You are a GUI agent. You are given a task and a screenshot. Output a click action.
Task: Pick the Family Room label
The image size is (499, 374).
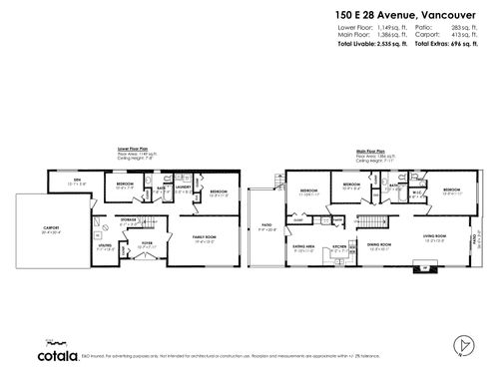point(205,236)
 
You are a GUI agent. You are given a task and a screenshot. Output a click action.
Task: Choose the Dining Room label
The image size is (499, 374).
point(378,243)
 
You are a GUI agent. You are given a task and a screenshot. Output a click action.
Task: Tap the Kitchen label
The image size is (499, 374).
point(339,245)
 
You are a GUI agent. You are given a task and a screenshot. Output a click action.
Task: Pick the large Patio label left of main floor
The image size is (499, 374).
point(265,224)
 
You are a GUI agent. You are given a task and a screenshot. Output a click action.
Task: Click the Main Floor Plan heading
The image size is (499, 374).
point(372,152)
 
